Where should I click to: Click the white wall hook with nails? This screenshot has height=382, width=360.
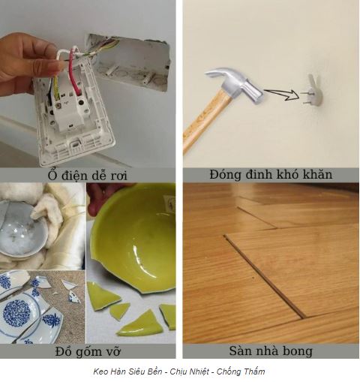click(313, 92)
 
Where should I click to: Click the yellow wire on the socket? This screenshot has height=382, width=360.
click(56, 88)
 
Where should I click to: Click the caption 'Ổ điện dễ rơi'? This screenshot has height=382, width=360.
click(88, 175)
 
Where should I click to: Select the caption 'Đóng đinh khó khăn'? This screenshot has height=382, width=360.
click(271, 174)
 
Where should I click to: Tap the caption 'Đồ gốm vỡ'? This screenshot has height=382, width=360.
click(88, 351)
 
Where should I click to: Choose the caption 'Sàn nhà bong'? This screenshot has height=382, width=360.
click(271, 350)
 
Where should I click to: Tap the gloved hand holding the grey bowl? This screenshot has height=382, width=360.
click(49, 210)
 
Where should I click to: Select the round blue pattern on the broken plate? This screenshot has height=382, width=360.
click(17, 313)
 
